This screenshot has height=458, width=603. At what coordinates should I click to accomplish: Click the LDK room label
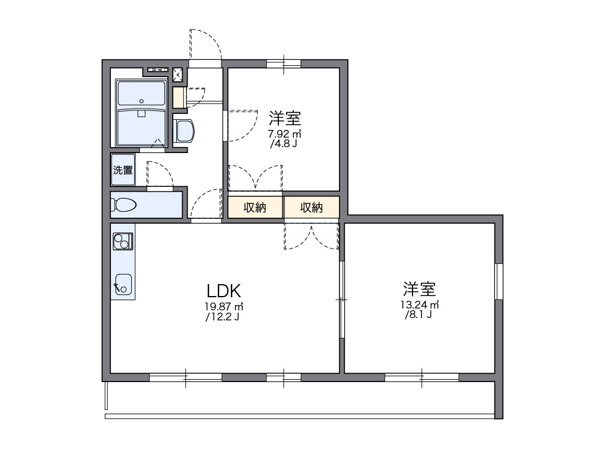(223, 291)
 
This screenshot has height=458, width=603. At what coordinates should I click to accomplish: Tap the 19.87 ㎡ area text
(223, 306)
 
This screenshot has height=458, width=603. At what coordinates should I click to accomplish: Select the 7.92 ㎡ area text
(284, 133)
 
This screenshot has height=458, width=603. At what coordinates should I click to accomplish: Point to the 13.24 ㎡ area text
(419, 305)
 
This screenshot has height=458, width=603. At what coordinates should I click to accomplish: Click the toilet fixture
(124, 205)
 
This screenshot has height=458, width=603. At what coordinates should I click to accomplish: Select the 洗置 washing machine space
(123, 170)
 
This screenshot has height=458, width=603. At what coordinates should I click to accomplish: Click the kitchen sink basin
(123, 284)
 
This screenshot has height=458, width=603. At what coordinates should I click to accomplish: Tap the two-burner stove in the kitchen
(123, 241)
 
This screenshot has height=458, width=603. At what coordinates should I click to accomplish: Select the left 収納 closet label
(255, 208)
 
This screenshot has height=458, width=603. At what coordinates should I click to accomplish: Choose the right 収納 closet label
(311, 208)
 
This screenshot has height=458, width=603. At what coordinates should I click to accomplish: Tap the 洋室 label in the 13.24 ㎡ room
(420, 290)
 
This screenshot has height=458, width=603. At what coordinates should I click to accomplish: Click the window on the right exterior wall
(499, 281)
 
